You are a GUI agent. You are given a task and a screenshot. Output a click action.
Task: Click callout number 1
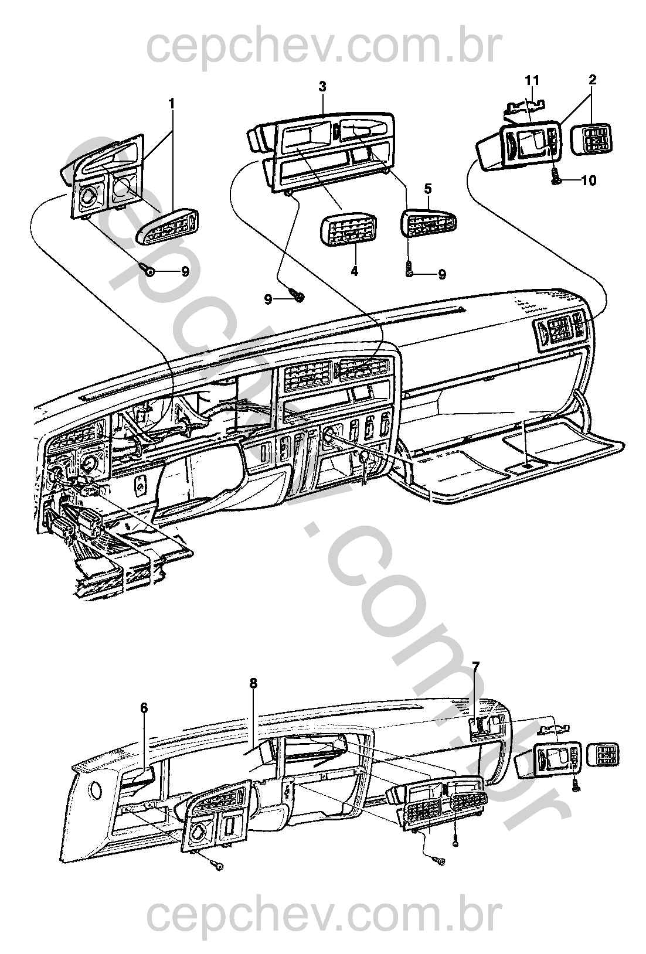[x=172, y=104]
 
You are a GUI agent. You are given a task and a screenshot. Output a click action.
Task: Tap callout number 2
[x=592, y=79]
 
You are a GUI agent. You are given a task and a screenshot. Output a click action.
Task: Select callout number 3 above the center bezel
[x=322, y=86]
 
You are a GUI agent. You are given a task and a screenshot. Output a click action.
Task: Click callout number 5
[x=428, y=189]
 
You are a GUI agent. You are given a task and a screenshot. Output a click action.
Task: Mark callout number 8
[x=253, y=683]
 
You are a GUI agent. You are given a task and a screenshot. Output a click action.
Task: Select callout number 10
[x=589, y=180]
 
